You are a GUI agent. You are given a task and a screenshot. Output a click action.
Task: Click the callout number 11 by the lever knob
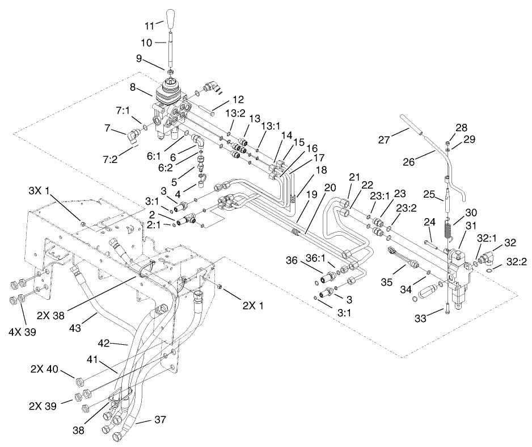tap(148, 25)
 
